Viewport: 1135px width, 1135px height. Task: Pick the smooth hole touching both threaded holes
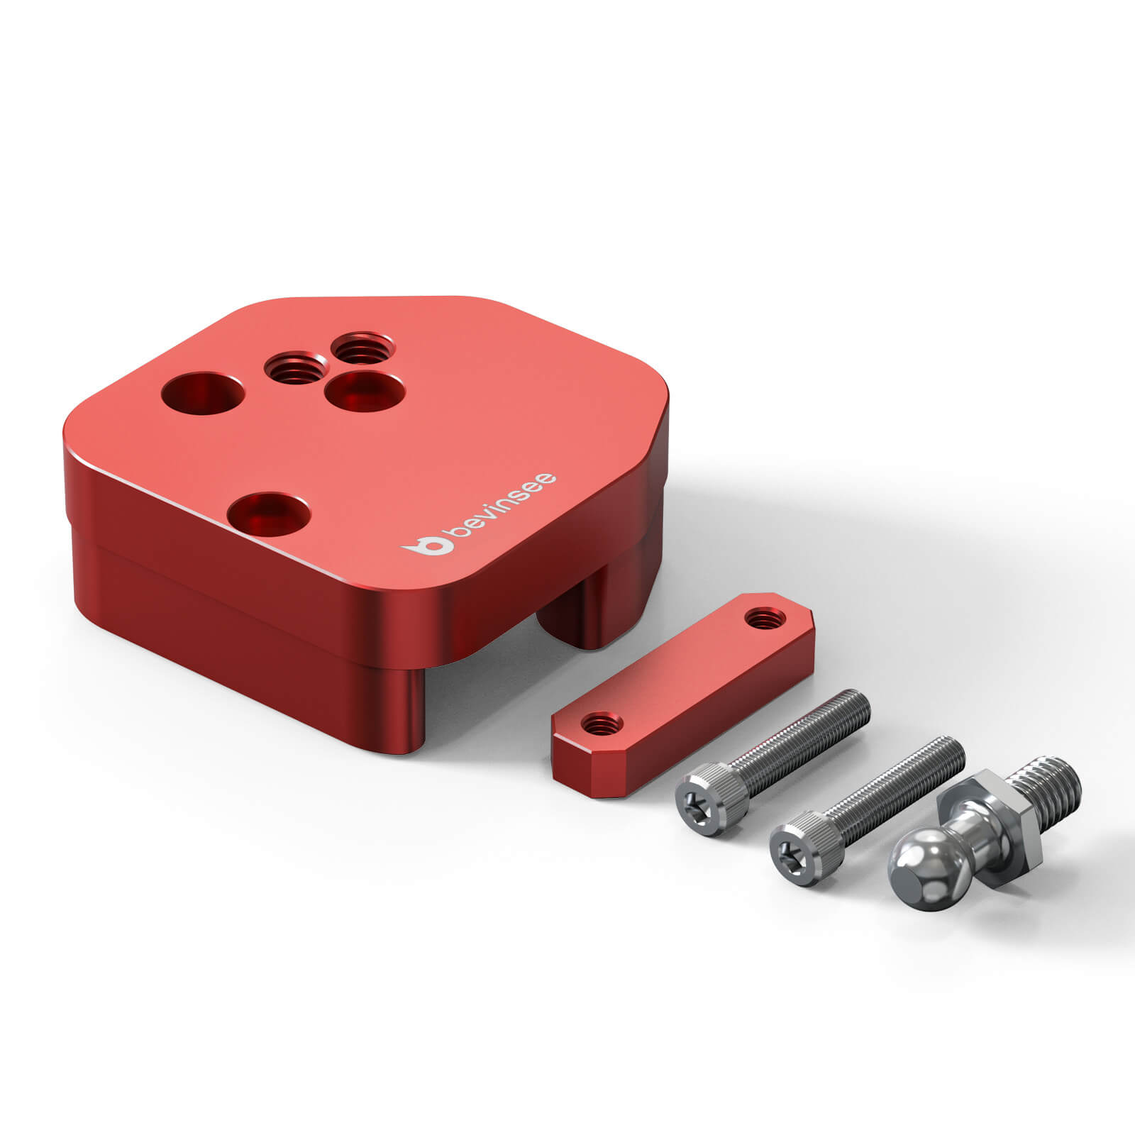pyautogui.click(x=365, y=392)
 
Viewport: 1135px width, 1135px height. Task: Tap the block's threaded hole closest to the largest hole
pyautogui.click(x=297, y=367)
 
